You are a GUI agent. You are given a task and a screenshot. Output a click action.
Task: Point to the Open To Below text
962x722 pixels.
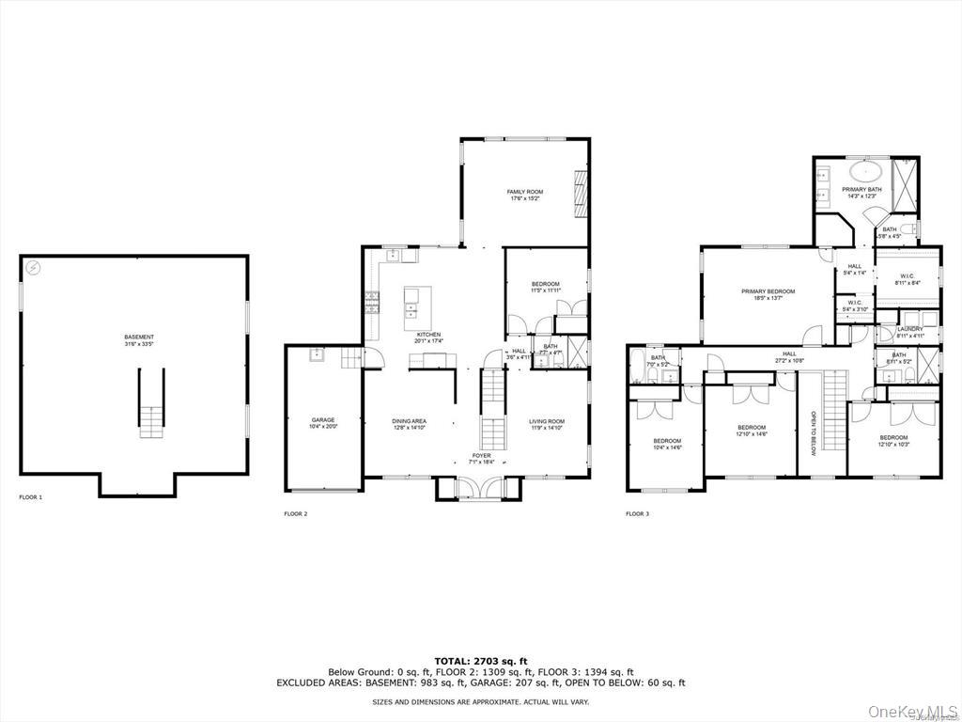[x=814, y=432]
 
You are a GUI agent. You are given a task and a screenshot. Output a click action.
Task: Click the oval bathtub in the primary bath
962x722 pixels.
[x=865, y=172]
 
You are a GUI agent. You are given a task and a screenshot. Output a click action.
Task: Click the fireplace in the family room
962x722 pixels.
[x=582, y=192]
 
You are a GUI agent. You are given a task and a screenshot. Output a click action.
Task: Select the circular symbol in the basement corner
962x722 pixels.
[x=35, y=267]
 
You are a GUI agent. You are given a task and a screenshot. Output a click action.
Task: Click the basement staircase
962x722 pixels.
[x=152, y=404]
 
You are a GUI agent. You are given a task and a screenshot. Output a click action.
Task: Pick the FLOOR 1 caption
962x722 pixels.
[x=31, y=496]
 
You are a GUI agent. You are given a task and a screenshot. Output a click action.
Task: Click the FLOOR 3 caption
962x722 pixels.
[x=637, y=513]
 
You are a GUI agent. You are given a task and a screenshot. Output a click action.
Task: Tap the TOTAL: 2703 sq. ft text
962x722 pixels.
[x=480, y=661]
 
